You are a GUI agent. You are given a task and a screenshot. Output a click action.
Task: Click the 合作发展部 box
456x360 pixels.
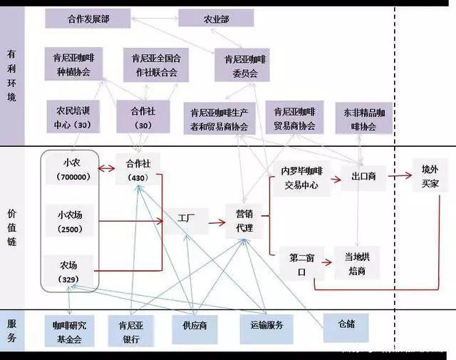[87, 18]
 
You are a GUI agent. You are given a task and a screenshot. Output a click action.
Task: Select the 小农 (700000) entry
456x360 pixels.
[71, 169]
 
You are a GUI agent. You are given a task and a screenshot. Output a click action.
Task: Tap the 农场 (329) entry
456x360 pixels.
[71, 272]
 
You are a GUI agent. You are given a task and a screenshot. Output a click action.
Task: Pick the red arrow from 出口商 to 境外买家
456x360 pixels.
[400, 175]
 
